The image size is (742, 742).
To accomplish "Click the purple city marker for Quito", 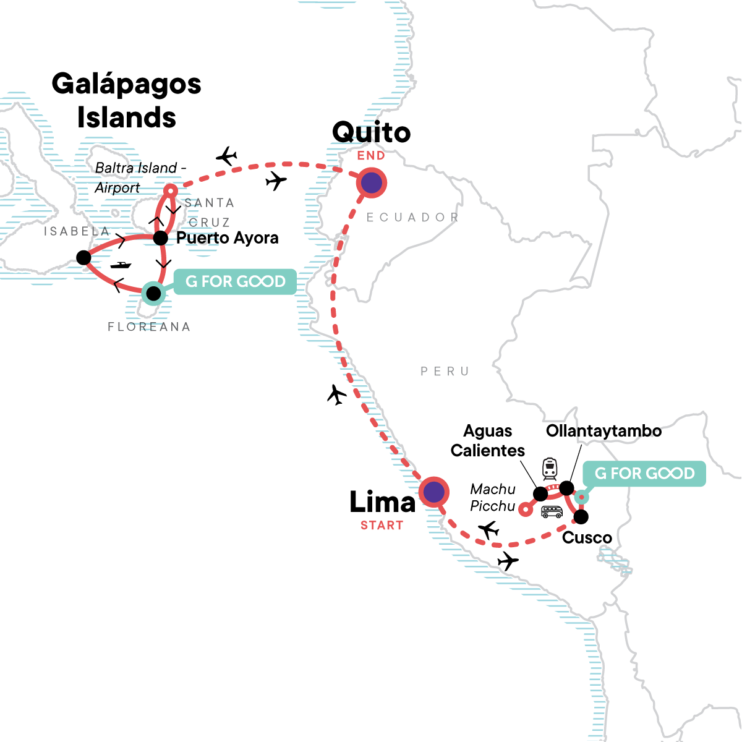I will pyautogui.click(x=371, y=183).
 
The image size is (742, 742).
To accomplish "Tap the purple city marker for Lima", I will pyautogui.click(x=434, y=492).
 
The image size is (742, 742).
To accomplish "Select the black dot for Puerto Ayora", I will pyautogui.click(x=160, y=238).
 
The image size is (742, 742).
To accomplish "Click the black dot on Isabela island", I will pyautogui.click(x=83, y=257).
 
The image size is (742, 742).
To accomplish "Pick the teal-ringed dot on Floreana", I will pyautogui.click(x=153, y=293).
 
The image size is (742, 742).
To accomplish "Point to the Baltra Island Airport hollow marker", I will pyautogui.click(x=171, y=190).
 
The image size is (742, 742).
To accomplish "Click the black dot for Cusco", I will pyautogui.click(x=581, y=516).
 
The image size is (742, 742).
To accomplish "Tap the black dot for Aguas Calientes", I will pyautogui.click(x=540, y=493).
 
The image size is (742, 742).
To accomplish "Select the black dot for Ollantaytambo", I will pyautogui.click(x=566, y=488).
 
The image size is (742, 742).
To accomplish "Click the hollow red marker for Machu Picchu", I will pyautogui.click(x=525, y=510).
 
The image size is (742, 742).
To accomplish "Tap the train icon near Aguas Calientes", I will pyautogui.click(x=550, y=469).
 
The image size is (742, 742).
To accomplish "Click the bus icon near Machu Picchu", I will pyautogui.click(x=552, y=511).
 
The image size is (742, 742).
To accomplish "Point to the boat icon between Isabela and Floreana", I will pyautogui.click(x=121, y=265).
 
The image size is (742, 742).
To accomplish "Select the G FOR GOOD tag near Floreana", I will pyautogui.click(x=236, y=282).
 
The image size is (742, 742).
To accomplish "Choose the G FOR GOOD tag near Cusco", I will pyautogui.click(x=644, y=474).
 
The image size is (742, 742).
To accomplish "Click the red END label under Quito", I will pyautogui.click(x=371, y=156).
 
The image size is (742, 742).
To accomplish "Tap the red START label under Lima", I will pyautogui.click(x=382, y=526).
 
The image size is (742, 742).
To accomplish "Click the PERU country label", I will pyautogui.click(x=445, y=372).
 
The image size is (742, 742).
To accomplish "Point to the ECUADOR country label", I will pyautogui.click(x=412, y=218).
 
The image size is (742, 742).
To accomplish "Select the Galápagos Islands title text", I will pyautogui.click(x=127, y=100).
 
